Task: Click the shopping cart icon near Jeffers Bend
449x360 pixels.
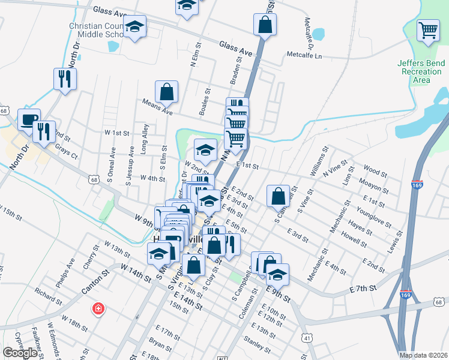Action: (427, 30)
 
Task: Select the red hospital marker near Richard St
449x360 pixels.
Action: (97, 310)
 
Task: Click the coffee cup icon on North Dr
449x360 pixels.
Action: (29, 119)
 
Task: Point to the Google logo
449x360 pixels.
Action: (20, 353)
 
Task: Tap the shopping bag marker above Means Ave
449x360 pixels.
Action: (167, 92)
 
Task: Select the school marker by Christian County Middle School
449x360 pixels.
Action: (135, 27)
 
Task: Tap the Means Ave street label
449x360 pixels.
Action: (157, 107)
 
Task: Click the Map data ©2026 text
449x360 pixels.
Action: (424, 355)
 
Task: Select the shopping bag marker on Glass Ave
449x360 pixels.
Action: (265, 25)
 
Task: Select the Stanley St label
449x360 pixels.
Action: (258, 344)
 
